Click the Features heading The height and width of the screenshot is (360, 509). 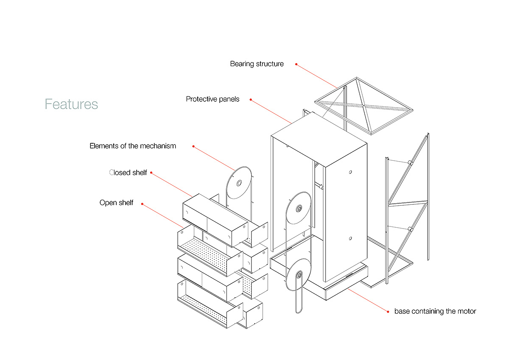tap(71, 104)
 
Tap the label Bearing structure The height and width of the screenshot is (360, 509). tap(257, 64)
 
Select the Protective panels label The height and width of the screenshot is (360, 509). tap(213, 99)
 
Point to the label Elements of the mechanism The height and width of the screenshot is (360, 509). tap(133, 146)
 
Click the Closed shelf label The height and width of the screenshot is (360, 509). tap(128, 173)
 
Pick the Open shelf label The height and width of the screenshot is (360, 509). tap(116, 203)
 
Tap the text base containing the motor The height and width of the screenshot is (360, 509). tap(435, 311)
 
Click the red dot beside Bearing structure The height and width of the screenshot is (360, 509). tap(296, 64)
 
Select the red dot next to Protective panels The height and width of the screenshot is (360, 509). tap(251, 100)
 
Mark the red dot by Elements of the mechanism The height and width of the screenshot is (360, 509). tap(193, 146)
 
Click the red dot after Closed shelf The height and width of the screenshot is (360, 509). tap(151, 173)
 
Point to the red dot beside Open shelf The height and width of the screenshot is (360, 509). tap(142, 204)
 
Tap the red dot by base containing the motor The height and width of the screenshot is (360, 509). tap(388, 312)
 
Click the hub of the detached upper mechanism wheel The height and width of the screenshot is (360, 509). tap(239, 183)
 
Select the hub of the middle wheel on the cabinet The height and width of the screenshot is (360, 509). tap(299, 208)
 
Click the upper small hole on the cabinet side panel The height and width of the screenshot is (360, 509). tap(350, 172)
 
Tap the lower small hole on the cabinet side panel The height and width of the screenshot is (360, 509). tap(350, 238)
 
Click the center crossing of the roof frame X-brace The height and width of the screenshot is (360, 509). tap(363, 106)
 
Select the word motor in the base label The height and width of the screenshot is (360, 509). tap(467, 311)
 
